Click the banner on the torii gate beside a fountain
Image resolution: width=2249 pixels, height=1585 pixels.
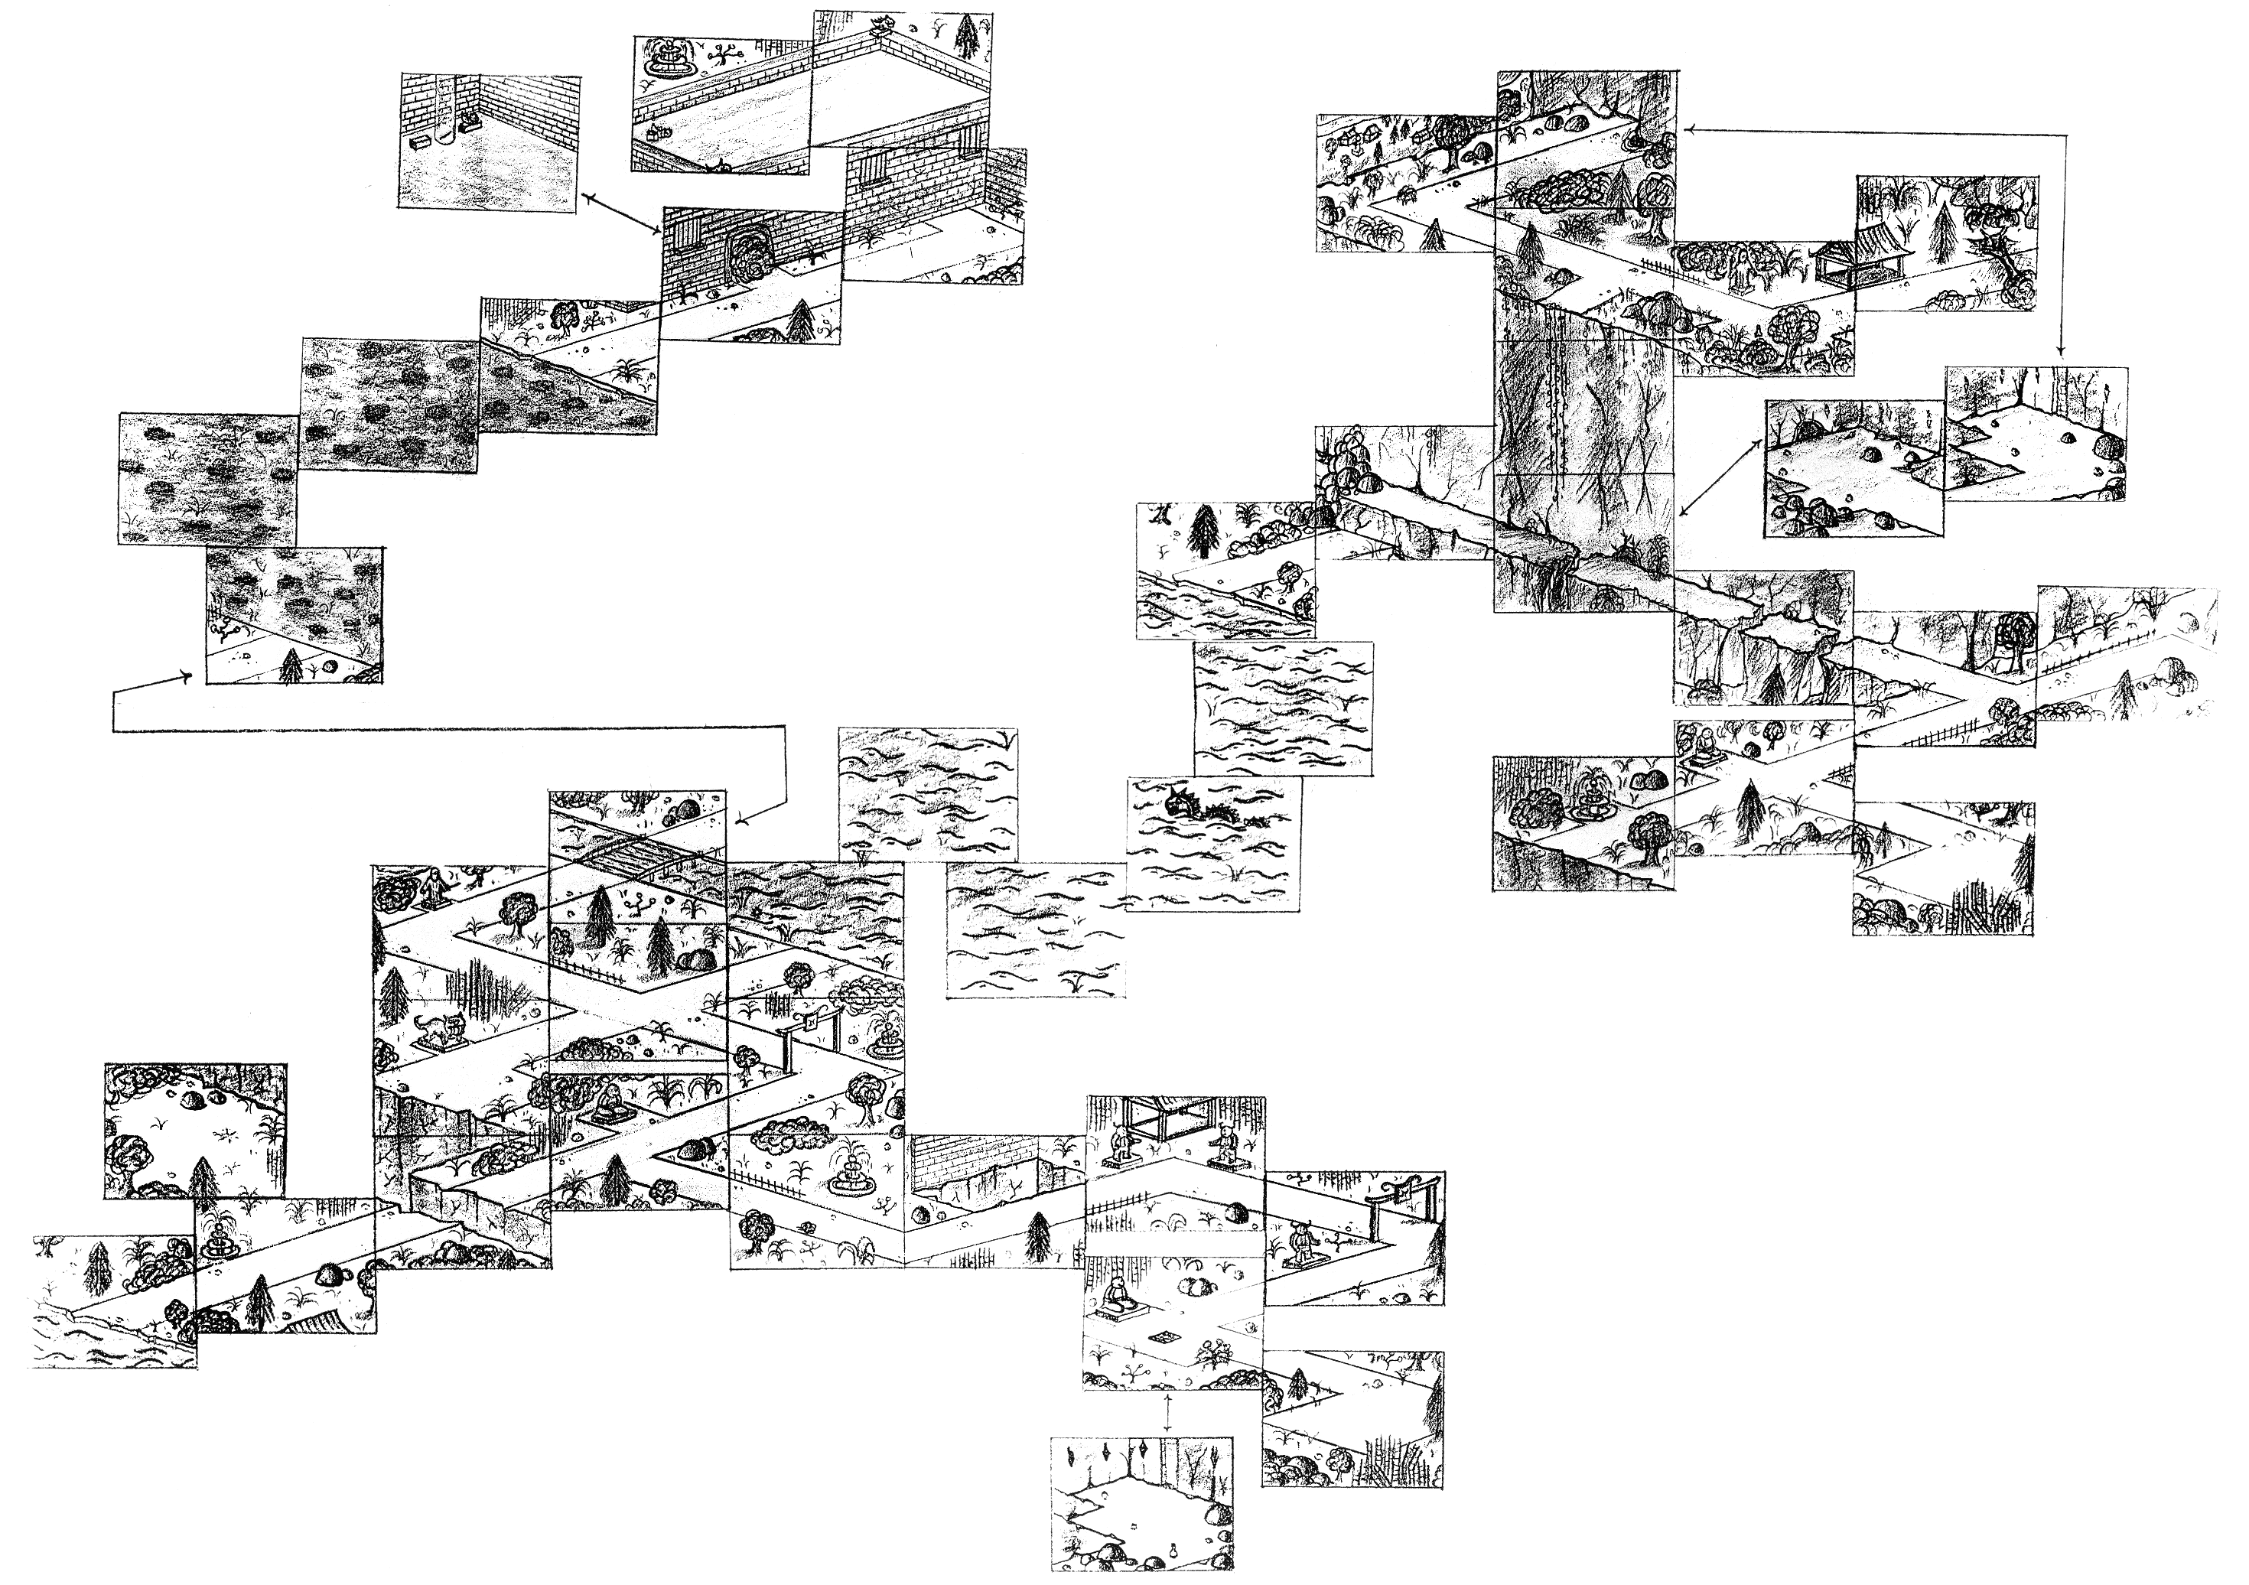click(x=812, y=1022)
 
